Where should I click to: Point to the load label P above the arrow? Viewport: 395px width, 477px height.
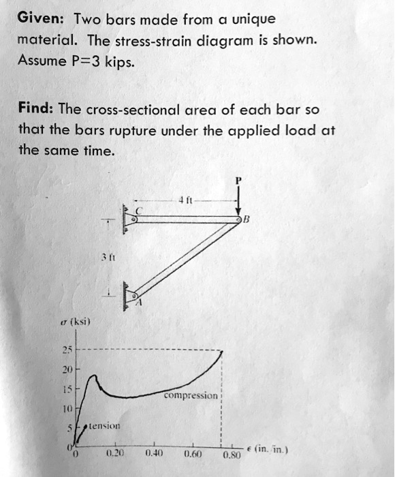pos(238,181)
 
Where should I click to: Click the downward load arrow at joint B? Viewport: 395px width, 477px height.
pos(239,201)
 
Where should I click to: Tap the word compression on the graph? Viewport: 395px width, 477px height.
pos(192,395)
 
